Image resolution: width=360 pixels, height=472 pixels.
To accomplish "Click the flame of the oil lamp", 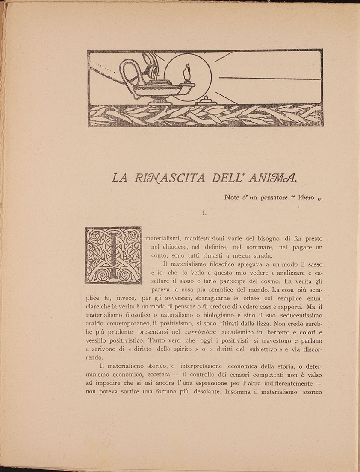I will (186, 71).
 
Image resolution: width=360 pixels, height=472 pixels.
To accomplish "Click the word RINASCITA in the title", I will (162, 178).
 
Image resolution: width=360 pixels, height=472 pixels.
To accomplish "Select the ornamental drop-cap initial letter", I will (113, 255).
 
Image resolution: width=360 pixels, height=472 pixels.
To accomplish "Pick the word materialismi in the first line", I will (165, 238).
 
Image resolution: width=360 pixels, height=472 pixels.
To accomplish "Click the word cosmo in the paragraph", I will (260, 281).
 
